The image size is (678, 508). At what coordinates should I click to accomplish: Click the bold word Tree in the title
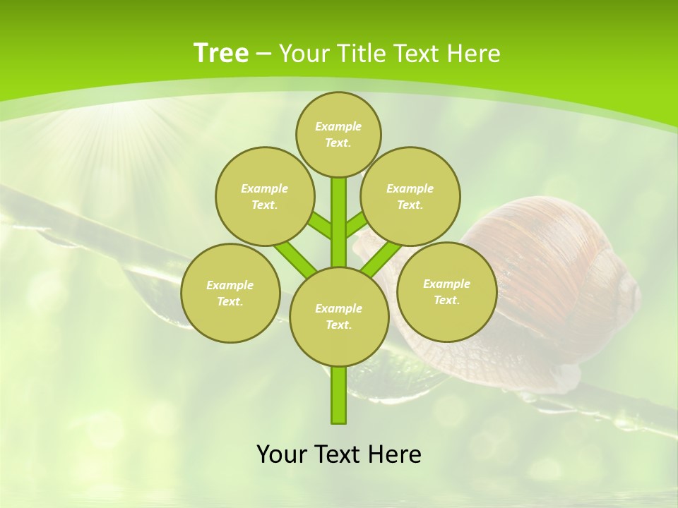coord(221,54)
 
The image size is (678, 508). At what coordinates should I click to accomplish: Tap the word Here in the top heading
coord(474,54)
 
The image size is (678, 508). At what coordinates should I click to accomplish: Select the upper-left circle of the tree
coord(265,196)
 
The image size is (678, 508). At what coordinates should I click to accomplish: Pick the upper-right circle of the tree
coord(410,196)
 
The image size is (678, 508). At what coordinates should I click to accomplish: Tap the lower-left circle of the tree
coord(230,293)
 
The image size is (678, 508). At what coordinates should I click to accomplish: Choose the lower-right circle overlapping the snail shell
coord(446,291)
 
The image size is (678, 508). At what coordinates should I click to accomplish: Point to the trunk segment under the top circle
coord(339,212)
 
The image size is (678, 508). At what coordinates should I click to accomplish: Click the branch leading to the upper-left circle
coord(320,226)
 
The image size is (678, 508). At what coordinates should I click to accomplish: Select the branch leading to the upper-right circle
coord(356,225)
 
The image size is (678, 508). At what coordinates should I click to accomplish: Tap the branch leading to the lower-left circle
coord(295,259)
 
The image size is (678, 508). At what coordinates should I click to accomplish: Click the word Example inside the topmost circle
coord(338,126)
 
